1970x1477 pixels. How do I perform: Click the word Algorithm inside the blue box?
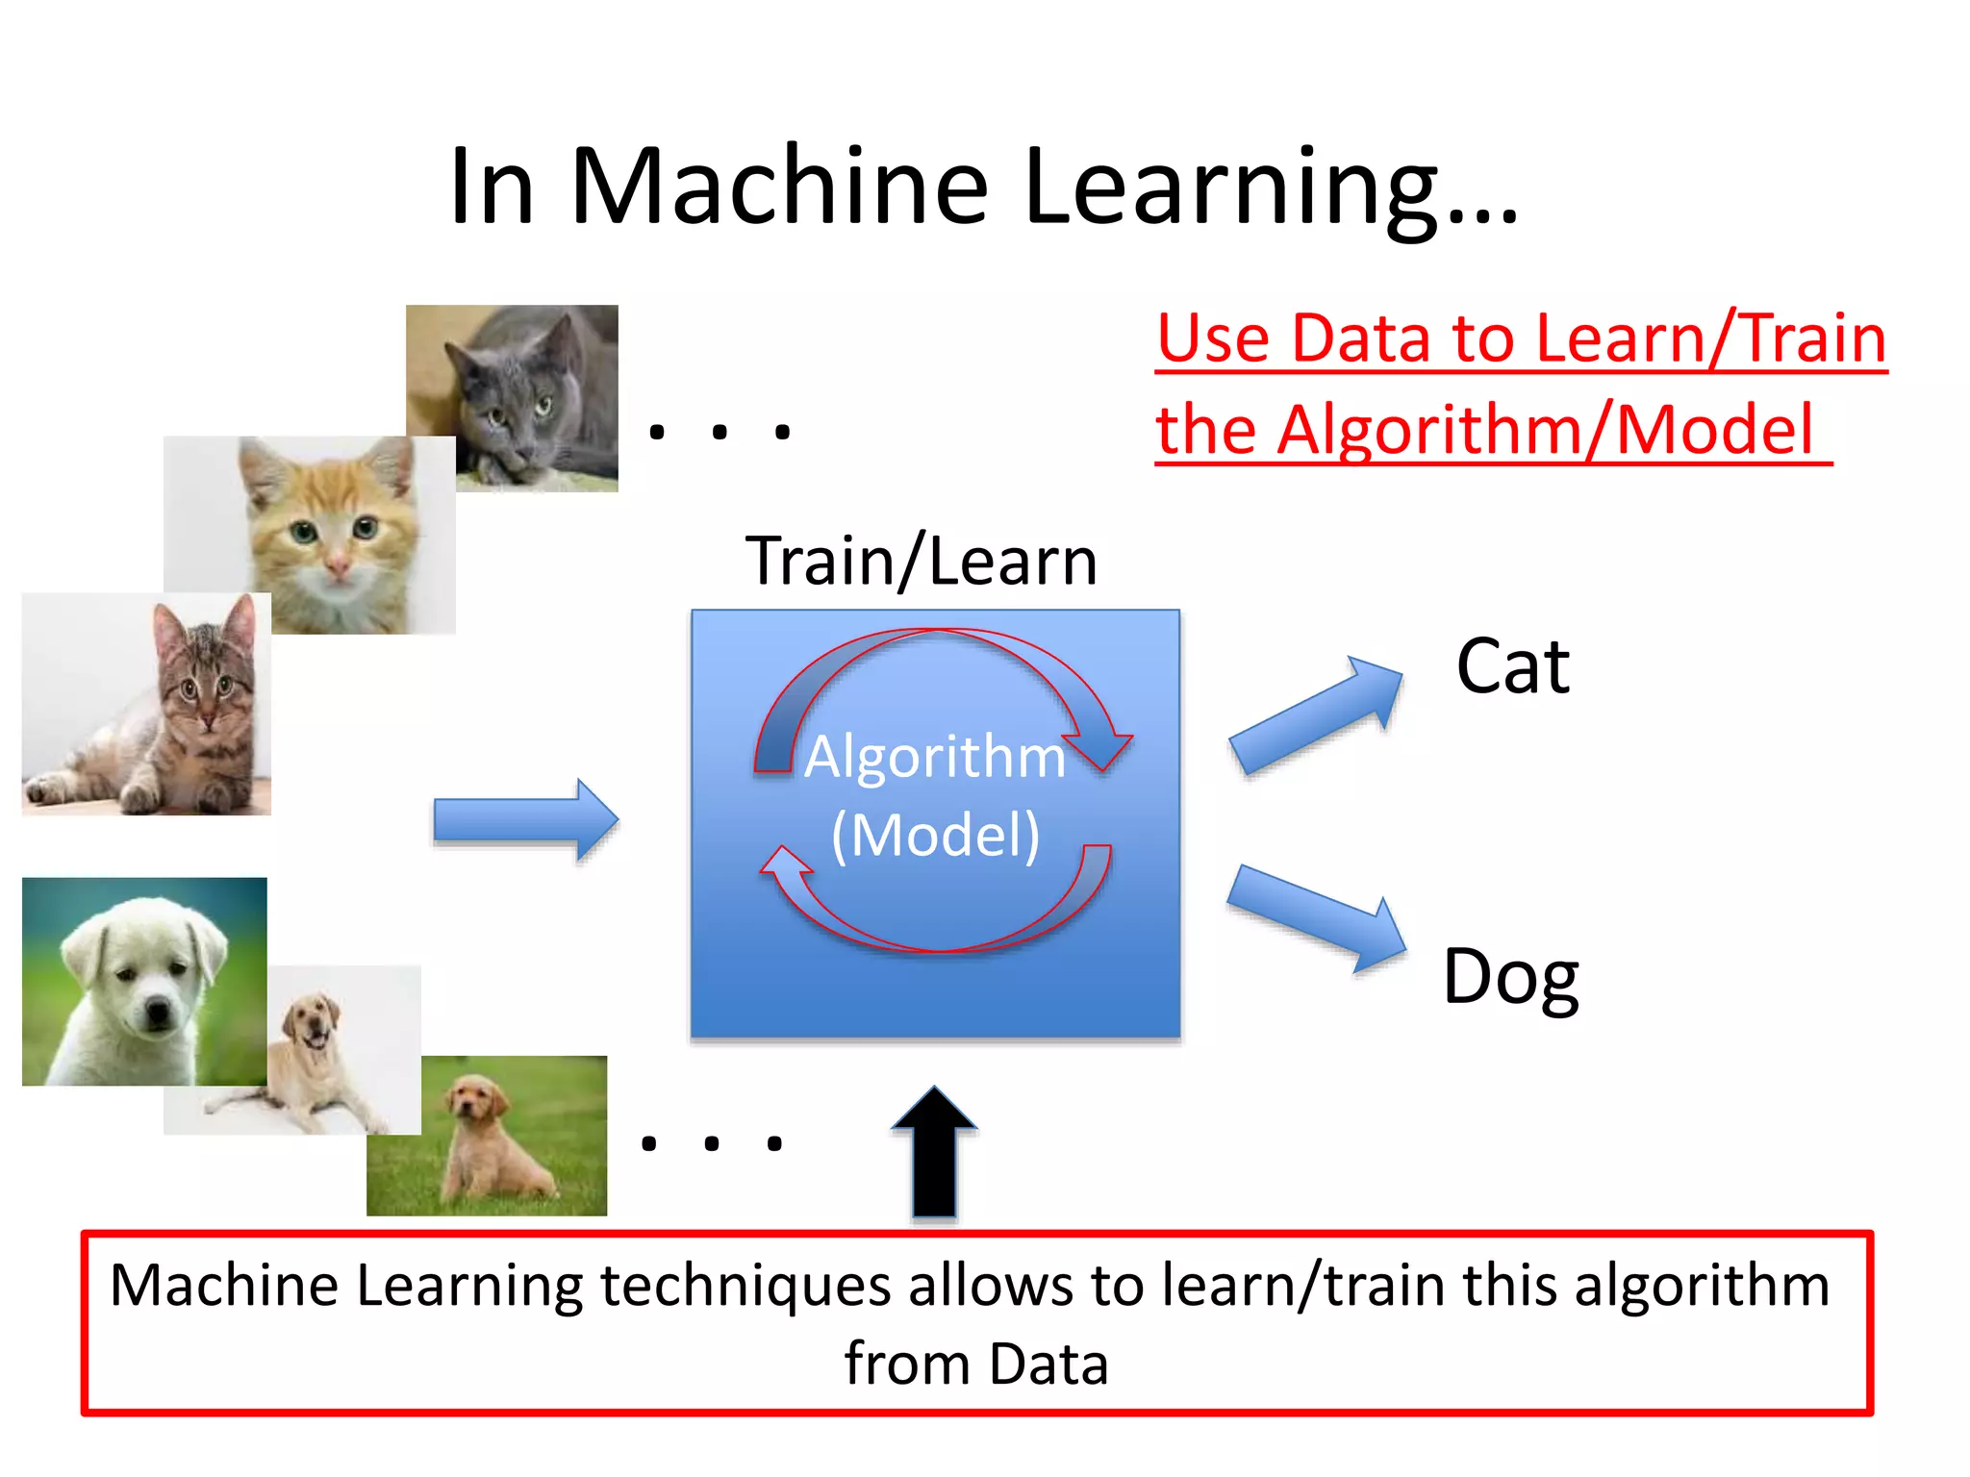pos(935,757)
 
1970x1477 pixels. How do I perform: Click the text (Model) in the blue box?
pos(935,835)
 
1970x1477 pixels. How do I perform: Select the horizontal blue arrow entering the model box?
pos(525,820)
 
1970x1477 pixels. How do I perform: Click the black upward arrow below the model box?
pos(933,1154)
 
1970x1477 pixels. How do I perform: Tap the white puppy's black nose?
pos(156,1010)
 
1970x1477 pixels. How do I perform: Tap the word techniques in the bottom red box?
pos(745,1286)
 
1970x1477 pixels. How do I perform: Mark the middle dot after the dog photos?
pos(712,1143)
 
